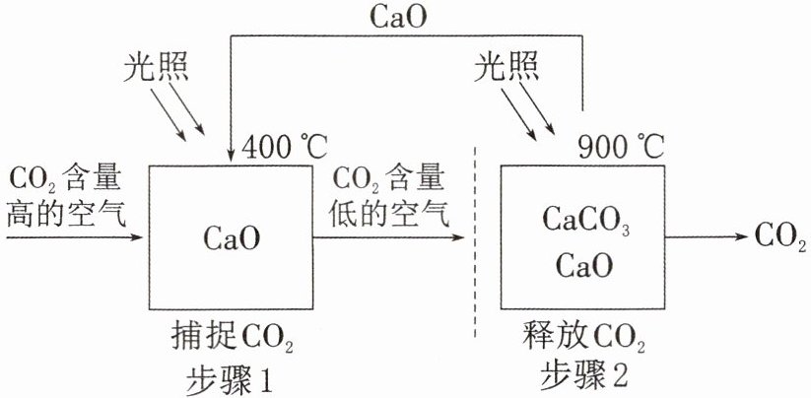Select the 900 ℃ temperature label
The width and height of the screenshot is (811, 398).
(x=621, y=148)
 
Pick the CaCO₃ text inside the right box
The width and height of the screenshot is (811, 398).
(x=584, y=221)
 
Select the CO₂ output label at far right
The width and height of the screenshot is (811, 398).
(x=780, y=237)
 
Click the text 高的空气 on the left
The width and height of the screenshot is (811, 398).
(x=65, y=216)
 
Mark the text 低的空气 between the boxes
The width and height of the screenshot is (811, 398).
(x=391, y=216)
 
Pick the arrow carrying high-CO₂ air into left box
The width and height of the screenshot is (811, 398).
(x=74, y=237)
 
